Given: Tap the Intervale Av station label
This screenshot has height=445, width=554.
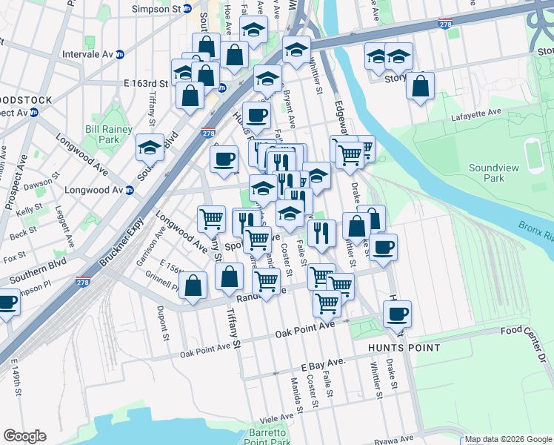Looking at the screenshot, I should pos(93,54).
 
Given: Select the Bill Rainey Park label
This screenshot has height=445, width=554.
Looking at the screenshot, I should pos(108,134).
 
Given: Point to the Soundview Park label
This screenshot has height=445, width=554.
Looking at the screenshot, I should pos(493,174).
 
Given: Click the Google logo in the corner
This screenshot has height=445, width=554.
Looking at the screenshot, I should pos(24,436).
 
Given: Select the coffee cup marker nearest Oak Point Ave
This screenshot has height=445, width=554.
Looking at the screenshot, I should pos(397,314).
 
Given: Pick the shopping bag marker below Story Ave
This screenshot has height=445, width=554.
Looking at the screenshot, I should pos(420,86).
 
